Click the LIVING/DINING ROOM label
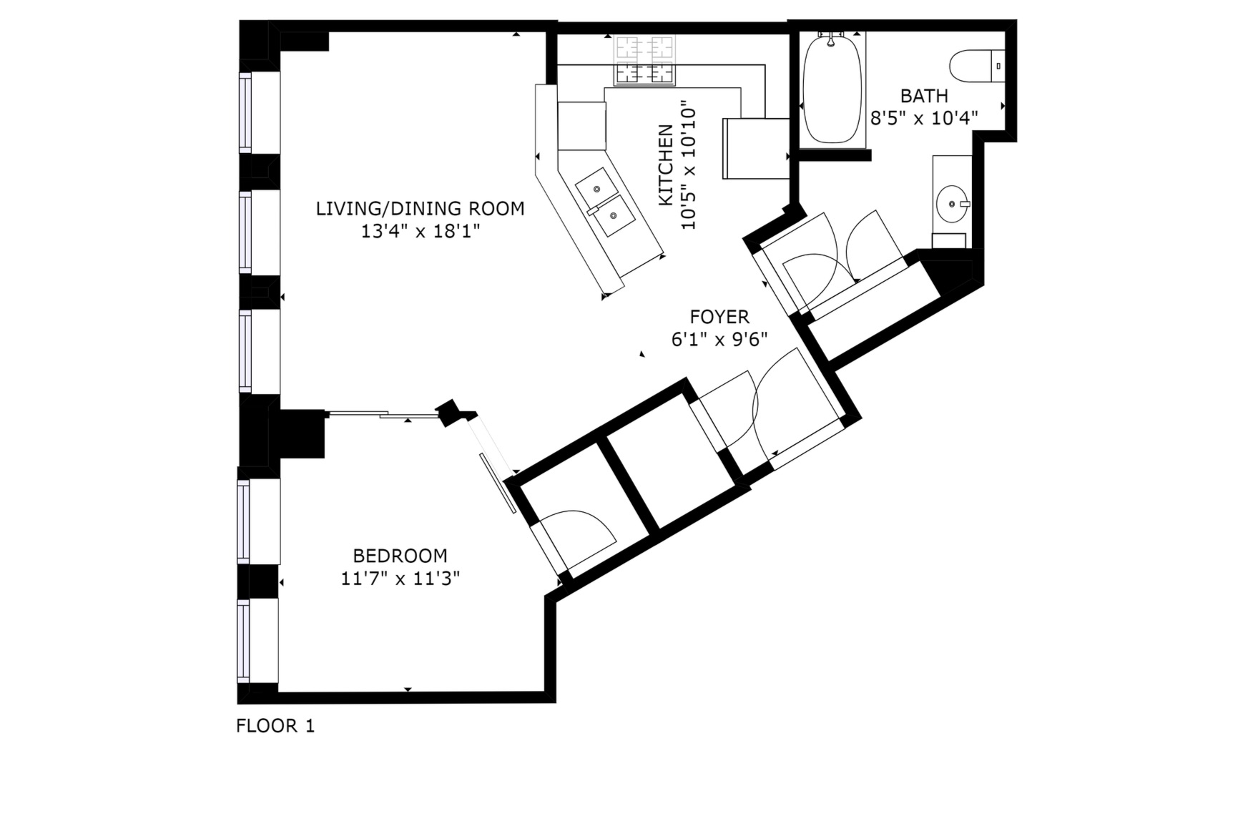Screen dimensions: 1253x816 [x=420, y=209]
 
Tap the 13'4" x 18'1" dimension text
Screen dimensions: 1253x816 [x=420, y=231]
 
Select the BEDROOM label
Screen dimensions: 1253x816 [x=401, y=556]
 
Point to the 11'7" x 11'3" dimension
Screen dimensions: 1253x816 [x=401, y=578]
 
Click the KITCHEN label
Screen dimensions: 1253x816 [x=666, y=165]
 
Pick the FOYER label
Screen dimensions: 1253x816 [x=719, y=316]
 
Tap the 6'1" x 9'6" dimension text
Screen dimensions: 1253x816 [x=719, y=338]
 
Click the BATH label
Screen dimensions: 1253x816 [x=924, y=95]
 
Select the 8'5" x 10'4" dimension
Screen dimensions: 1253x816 [x=924, y=117]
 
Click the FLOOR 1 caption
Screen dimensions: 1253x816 [x=275, y=726]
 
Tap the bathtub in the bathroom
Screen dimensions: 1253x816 [x=832, y=89]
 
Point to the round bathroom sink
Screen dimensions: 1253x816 [x=953, y=203]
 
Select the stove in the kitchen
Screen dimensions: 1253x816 [x=644, y=60]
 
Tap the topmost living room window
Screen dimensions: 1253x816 [x=245, y=112]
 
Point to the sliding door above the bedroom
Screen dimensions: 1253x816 [x=383, y=413]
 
